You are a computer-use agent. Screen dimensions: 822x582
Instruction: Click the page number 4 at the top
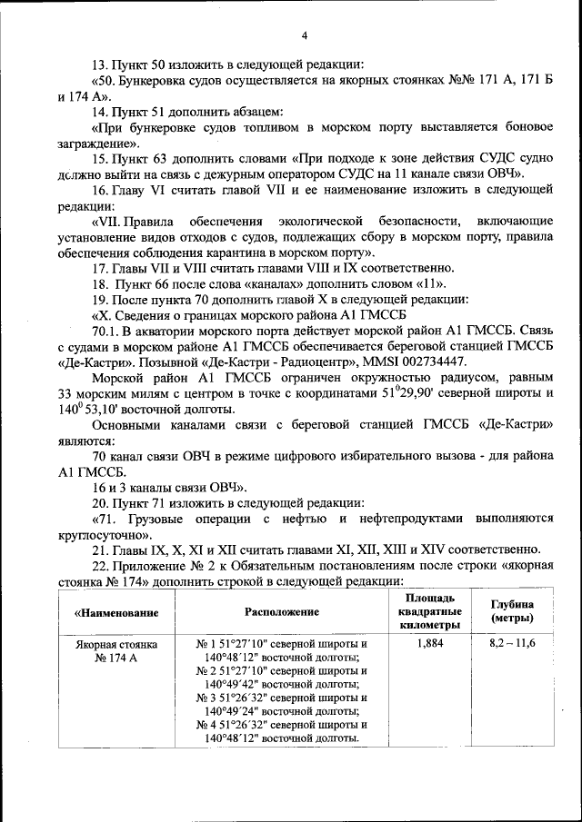pyautogui.click(x=305, y=35)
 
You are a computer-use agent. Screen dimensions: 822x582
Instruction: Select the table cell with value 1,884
pyautogui.click(x=427, y=643)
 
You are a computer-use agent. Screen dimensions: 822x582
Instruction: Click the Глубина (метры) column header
pyautogui.click(x=512, y=611)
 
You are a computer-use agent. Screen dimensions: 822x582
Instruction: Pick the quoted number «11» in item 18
pyautogui.click(x=430, y=283)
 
